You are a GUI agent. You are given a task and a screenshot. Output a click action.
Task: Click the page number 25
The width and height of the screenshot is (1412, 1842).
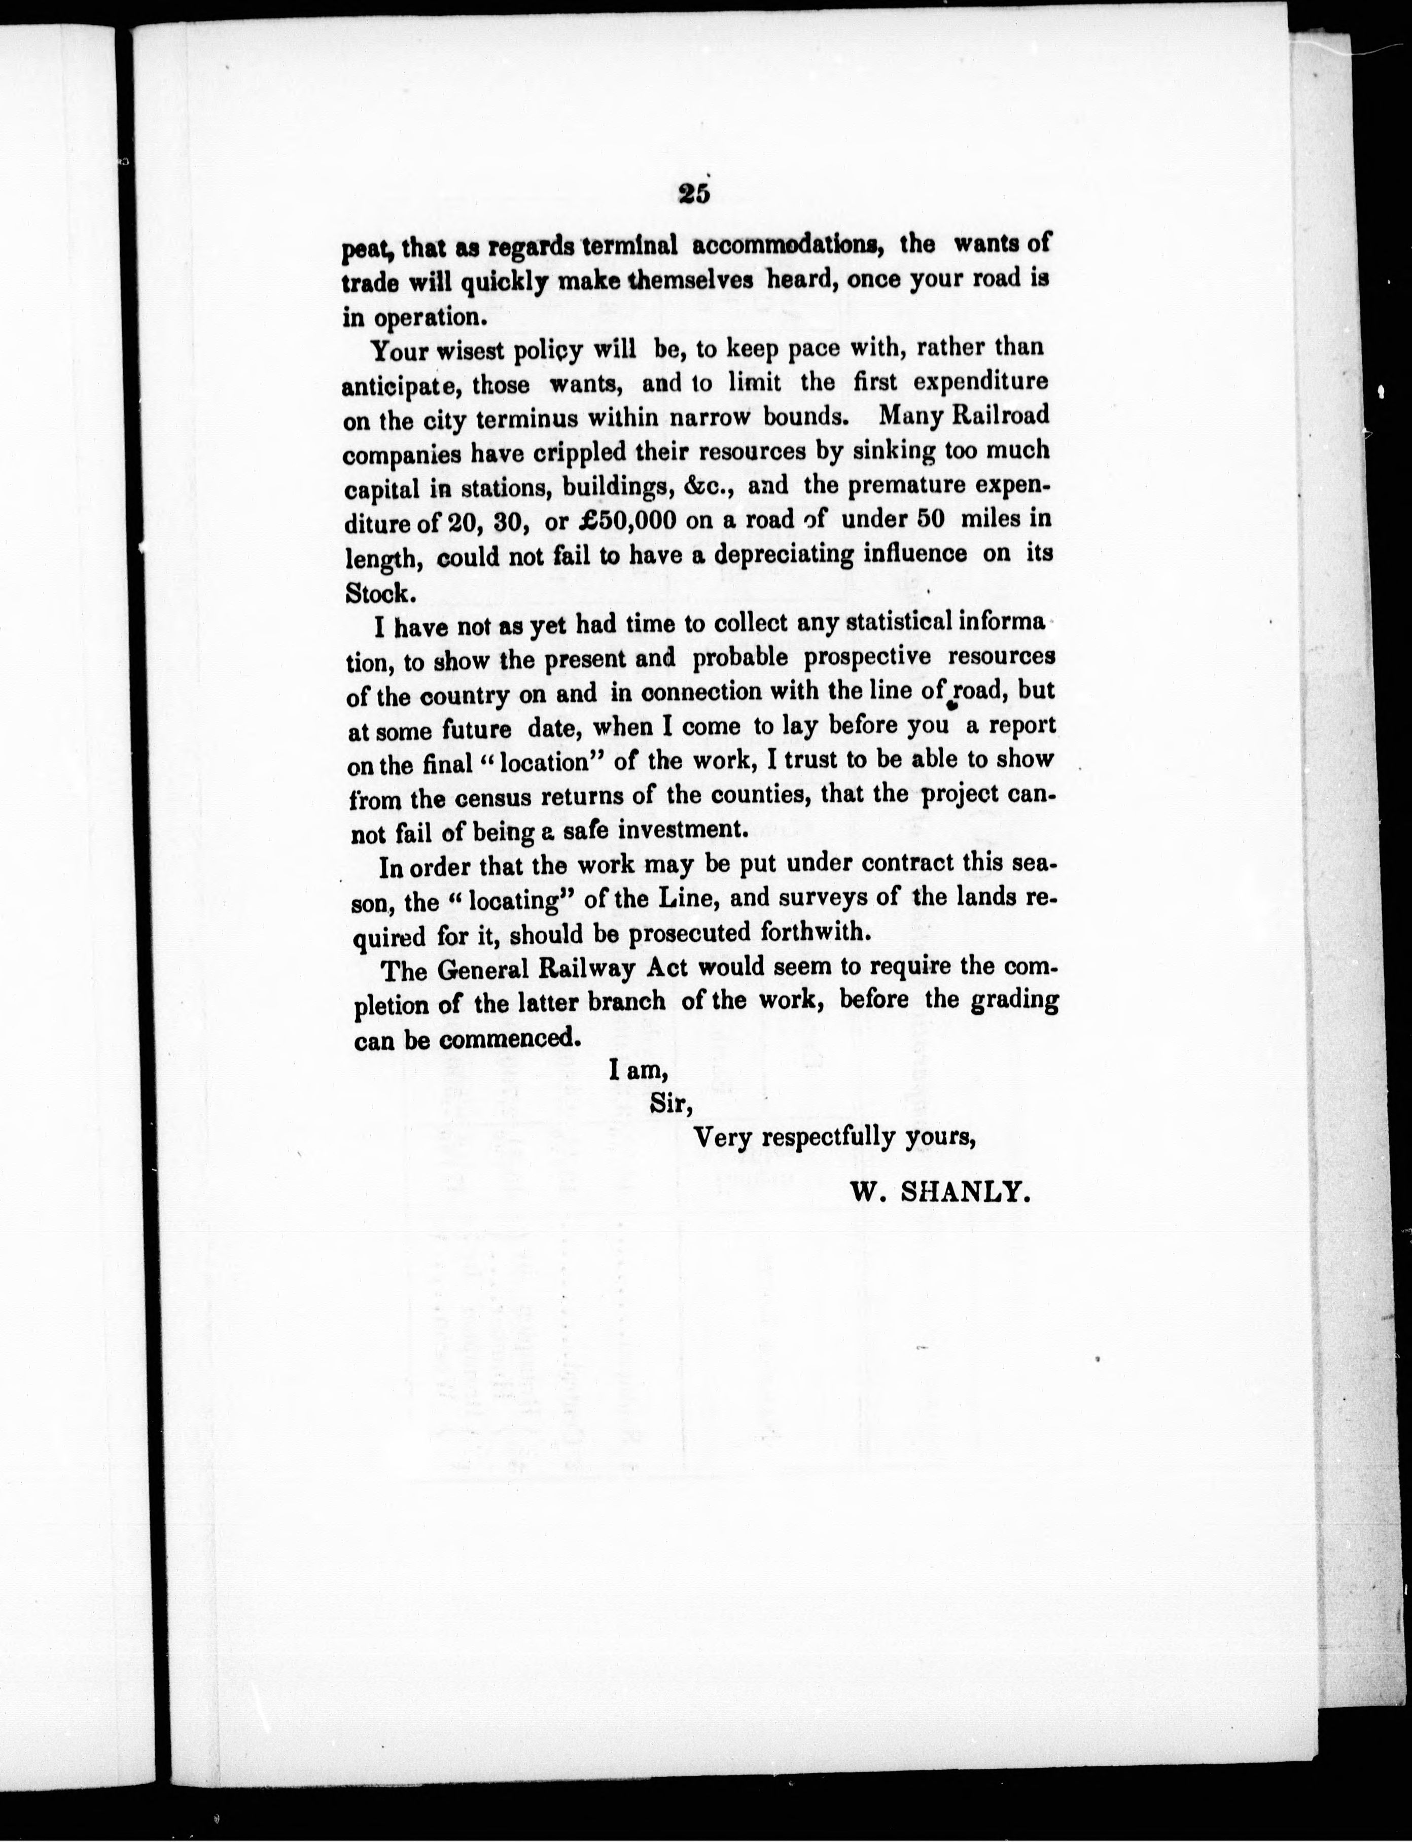tap(694, 194)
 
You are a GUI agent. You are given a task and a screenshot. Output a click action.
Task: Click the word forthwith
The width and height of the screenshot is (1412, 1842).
tap(811, 933)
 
